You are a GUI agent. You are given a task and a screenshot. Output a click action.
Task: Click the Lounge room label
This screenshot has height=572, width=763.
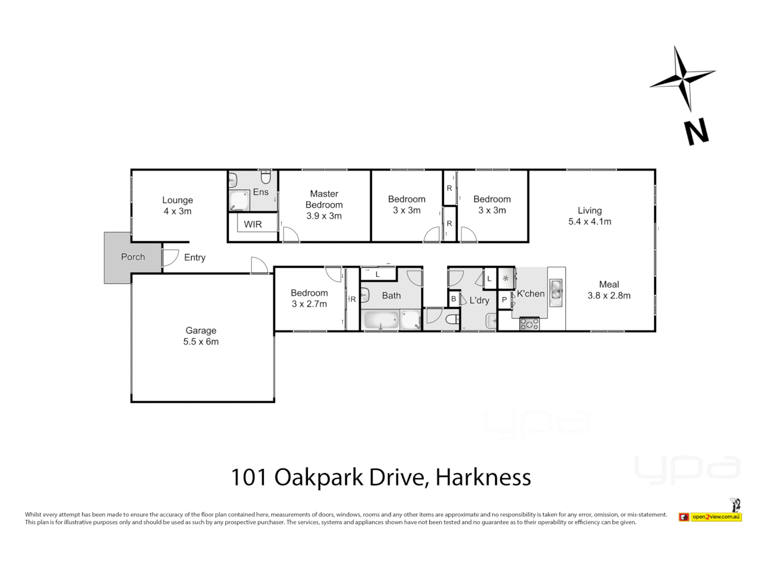[178, 200]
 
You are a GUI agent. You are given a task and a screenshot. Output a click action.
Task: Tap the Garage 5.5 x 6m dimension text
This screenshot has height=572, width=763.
[201, 342]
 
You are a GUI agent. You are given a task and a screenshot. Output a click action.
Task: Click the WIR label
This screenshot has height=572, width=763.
[253, 225]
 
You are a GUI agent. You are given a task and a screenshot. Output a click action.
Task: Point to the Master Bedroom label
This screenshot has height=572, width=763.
[324, 200]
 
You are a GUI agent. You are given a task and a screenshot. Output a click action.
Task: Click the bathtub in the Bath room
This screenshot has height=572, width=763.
[380, 320]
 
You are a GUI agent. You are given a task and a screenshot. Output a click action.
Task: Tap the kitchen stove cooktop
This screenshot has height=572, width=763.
[529, 324]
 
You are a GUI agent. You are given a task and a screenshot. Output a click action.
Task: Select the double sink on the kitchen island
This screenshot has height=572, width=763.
[556, 292]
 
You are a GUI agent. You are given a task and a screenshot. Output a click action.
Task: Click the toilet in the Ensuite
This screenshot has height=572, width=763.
[265, 176]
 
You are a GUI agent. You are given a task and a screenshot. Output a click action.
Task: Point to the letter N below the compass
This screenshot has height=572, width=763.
[696, 132]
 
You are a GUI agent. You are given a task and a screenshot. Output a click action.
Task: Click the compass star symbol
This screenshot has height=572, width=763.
[682, 79]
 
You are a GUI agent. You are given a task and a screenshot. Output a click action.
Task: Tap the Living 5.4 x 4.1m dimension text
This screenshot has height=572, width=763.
[590, 222]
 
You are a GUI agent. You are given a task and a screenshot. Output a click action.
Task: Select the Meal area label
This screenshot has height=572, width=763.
[609, 284]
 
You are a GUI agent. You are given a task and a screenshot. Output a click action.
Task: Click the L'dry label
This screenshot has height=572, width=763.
[479, 300]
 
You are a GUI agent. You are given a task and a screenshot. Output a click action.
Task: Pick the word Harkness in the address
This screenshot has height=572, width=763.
[483, 477]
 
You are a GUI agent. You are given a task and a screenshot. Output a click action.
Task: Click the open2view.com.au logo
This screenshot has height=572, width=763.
[715, 516]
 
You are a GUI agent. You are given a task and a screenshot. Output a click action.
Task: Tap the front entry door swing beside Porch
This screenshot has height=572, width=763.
[170, 257]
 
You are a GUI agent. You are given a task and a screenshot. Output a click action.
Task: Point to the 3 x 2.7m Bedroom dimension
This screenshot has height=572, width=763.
[309, 304]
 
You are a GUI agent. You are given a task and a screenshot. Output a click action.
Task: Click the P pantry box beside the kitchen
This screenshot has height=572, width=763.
[504, 300]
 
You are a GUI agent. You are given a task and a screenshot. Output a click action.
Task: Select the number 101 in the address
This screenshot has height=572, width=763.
[249, 477]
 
